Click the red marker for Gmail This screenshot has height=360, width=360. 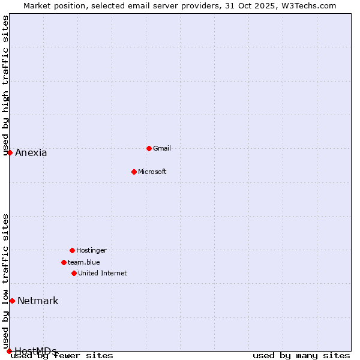click(x=149, y=148)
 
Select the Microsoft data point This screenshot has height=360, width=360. click(x=134, y=172)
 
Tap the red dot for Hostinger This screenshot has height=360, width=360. click(x=72, y=250)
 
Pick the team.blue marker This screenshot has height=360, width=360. click(x=64, y=262)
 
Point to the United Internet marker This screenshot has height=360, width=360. click(x=74, y=273)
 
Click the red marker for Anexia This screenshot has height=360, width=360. click(x=10, y=152)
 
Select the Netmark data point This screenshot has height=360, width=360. click(x=12, y=301)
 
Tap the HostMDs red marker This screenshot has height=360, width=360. click(x=9, y=351)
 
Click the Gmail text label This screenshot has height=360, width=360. click(x=162, y=148)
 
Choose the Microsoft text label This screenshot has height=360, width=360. click(x=152, y=172)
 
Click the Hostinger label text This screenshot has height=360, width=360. click(x=91, y=250)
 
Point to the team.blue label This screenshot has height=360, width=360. click(x=84, y=262)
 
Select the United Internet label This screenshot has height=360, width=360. click(x=103, y=273)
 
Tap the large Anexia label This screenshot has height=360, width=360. click(x=31, y=152)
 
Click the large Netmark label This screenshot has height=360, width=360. click(x=38, y=301)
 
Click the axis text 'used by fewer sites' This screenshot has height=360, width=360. click(x=62, y=356)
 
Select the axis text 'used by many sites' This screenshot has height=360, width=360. click(x=301, y=356)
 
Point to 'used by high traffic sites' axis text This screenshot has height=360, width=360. click(x=6, y=85)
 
